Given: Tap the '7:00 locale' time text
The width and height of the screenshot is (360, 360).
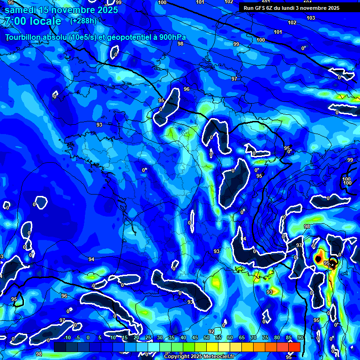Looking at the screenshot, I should (33, 21).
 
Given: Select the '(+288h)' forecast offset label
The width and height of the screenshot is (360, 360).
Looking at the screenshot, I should (83, 21).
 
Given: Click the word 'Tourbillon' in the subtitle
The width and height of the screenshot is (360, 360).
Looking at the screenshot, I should (24, 37).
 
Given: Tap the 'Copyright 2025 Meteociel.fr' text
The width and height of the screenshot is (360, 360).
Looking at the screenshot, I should (201, 357).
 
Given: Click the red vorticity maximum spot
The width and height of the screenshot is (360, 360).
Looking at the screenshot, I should (319, 258).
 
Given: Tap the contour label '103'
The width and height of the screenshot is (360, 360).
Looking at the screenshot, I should (311, 18).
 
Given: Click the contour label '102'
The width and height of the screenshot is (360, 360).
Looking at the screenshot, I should (292, 22).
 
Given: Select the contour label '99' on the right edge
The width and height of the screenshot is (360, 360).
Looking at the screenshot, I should (350, 160).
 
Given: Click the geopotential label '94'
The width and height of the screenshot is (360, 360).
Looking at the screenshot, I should (91, 259).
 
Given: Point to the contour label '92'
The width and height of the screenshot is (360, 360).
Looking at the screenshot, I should (211, 331).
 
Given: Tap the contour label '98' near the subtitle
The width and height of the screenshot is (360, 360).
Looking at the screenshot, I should (180, 44).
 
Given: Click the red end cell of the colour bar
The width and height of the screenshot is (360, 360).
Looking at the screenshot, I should (294, 346).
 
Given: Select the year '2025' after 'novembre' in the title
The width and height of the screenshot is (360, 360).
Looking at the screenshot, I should (107, 9).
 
